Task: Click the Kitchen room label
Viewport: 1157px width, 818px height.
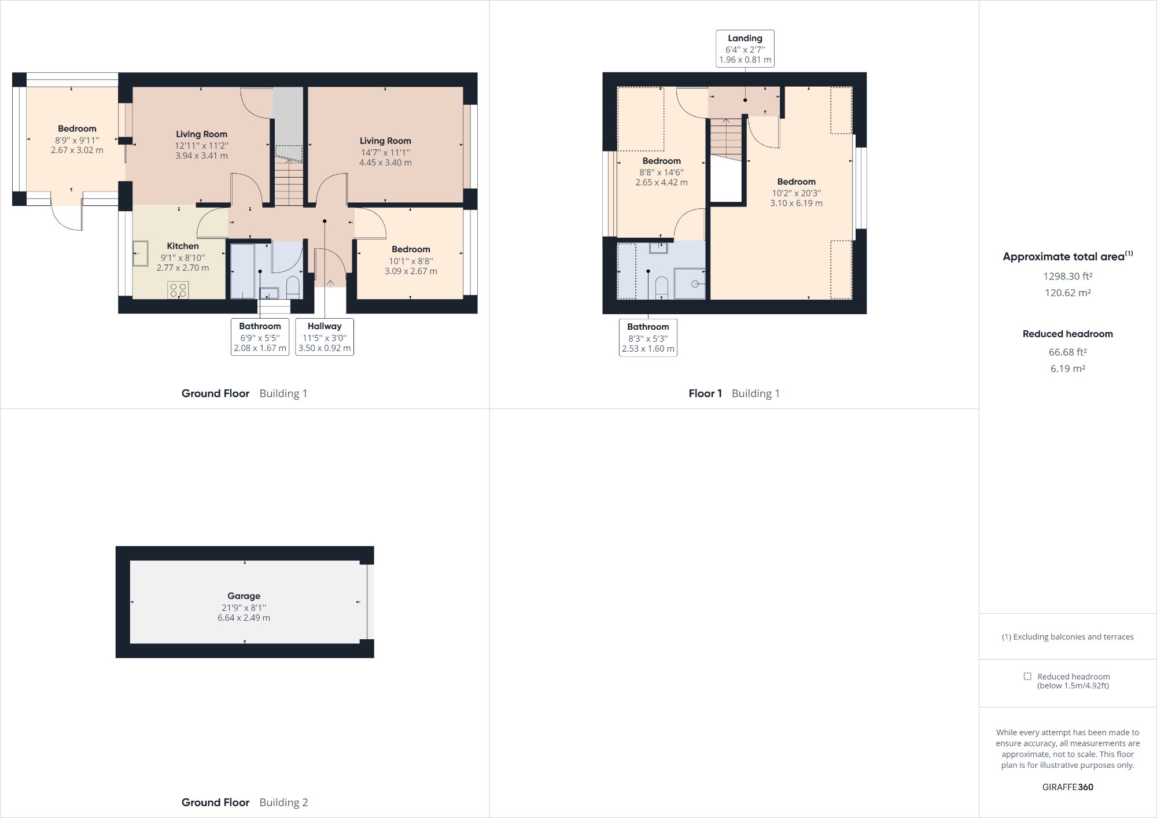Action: coord(183,246)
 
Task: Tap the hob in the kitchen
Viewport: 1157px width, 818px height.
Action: coord(178,289)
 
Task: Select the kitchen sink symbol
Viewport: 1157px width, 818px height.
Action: coord(140,253)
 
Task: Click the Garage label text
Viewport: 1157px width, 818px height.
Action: coord(244,596)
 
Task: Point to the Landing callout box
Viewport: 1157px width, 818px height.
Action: coord(745,49)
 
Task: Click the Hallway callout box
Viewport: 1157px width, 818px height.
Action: coord(324,337)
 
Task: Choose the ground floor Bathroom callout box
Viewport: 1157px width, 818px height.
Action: coord(260,337)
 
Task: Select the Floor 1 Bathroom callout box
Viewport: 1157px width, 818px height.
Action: coord(648,337)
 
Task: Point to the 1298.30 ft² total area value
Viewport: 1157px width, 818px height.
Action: coord(1067,277)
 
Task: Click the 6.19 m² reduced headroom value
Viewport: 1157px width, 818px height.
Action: coord(1067,369)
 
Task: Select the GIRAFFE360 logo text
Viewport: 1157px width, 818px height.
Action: coord(1067,787)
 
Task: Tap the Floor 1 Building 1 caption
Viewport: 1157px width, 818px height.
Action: coord(734,393)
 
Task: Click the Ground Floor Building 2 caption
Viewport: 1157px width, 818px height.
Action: coord(244,802)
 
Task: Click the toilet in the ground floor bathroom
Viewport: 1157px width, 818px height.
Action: coord(293,287)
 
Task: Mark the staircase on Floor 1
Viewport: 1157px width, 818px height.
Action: coord(725,139)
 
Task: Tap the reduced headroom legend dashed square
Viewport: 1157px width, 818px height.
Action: coord(1027,676)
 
